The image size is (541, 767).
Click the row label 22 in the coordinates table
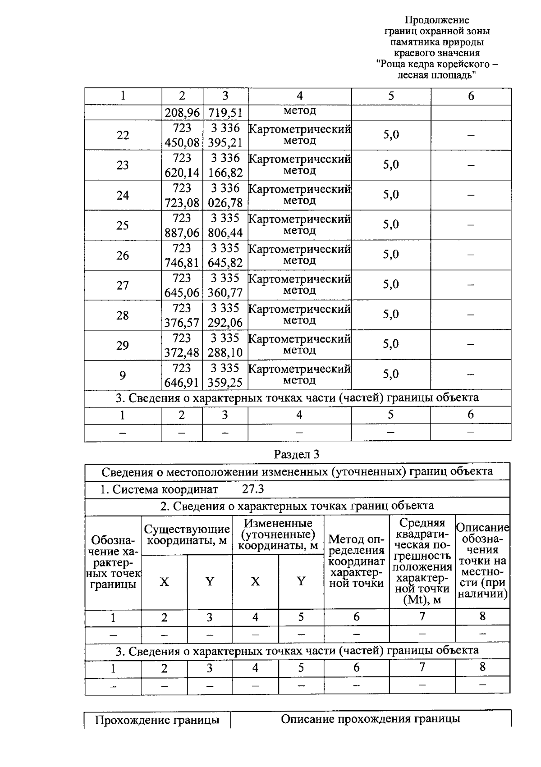click(x=123, y=135)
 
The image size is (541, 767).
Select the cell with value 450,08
click(x=182, y=143)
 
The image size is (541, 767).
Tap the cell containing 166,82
click(x=225, y=173)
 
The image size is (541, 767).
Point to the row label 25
click(x=123, y=225)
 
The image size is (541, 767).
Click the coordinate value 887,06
click(x=182, y=233)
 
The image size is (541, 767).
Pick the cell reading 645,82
click(x=225, y=263)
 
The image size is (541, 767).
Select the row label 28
click(x=123, y=315)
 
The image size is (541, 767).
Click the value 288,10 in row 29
click(x=225, y=352)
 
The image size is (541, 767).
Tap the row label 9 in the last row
click(x=123, y=375)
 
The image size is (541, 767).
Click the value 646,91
click(x=182, y=383)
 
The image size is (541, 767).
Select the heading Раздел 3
click(x=297, y=454)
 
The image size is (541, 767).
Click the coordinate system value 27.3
click(x=253, y=489)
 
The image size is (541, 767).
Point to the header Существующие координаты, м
click(x=187, y=534)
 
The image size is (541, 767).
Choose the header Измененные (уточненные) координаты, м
click(x=278, y=534)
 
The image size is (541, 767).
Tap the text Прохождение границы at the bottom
click(x=157, y=720)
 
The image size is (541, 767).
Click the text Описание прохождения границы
click(x=371, y=719)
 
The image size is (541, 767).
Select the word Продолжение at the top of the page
click(x=436, y=20)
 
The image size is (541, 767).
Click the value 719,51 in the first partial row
click(x=225, y=113)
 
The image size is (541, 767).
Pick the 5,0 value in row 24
click(x=391, y=195)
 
